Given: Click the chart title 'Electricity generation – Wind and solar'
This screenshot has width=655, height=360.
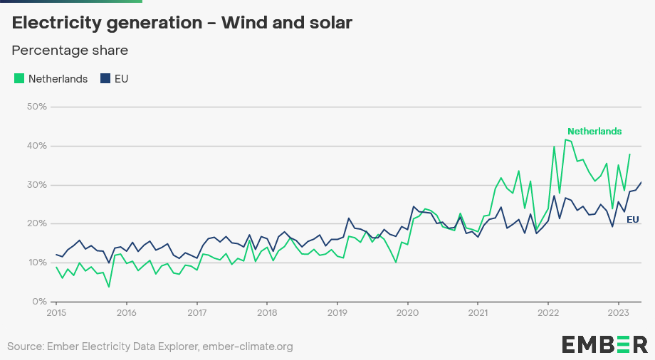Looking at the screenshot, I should [182, 23].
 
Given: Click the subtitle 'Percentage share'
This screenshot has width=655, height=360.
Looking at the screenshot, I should [70, 51].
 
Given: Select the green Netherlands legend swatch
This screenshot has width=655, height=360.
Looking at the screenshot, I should [19, 79].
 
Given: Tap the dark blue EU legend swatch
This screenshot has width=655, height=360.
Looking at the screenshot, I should [105, 79].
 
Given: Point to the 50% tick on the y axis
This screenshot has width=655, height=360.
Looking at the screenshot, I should [36, 107].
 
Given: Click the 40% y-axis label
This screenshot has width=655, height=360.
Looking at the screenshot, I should [36, 146].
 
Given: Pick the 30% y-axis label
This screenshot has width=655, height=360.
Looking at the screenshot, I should [36, 185].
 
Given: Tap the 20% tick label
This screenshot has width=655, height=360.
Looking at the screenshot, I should [36, 223].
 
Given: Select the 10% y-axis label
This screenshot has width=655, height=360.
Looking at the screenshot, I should [36, 263].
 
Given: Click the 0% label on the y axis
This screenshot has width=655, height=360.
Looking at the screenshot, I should [39, 302].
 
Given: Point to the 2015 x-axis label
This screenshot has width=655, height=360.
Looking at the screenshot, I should [56, 312].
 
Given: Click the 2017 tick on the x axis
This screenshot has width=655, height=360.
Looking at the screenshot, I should [197, 312].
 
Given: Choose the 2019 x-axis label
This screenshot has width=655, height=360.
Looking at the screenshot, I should [337, 312].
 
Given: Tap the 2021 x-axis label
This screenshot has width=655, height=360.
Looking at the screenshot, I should [478, 312].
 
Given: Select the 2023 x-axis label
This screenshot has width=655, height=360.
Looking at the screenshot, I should [619, 312].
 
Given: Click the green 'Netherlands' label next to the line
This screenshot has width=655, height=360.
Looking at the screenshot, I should [594, 131].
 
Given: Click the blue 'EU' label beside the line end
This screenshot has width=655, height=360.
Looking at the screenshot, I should [632, 220].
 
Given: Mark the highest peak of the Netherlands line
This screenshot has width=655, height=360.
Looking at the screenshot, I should [566, 139].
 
